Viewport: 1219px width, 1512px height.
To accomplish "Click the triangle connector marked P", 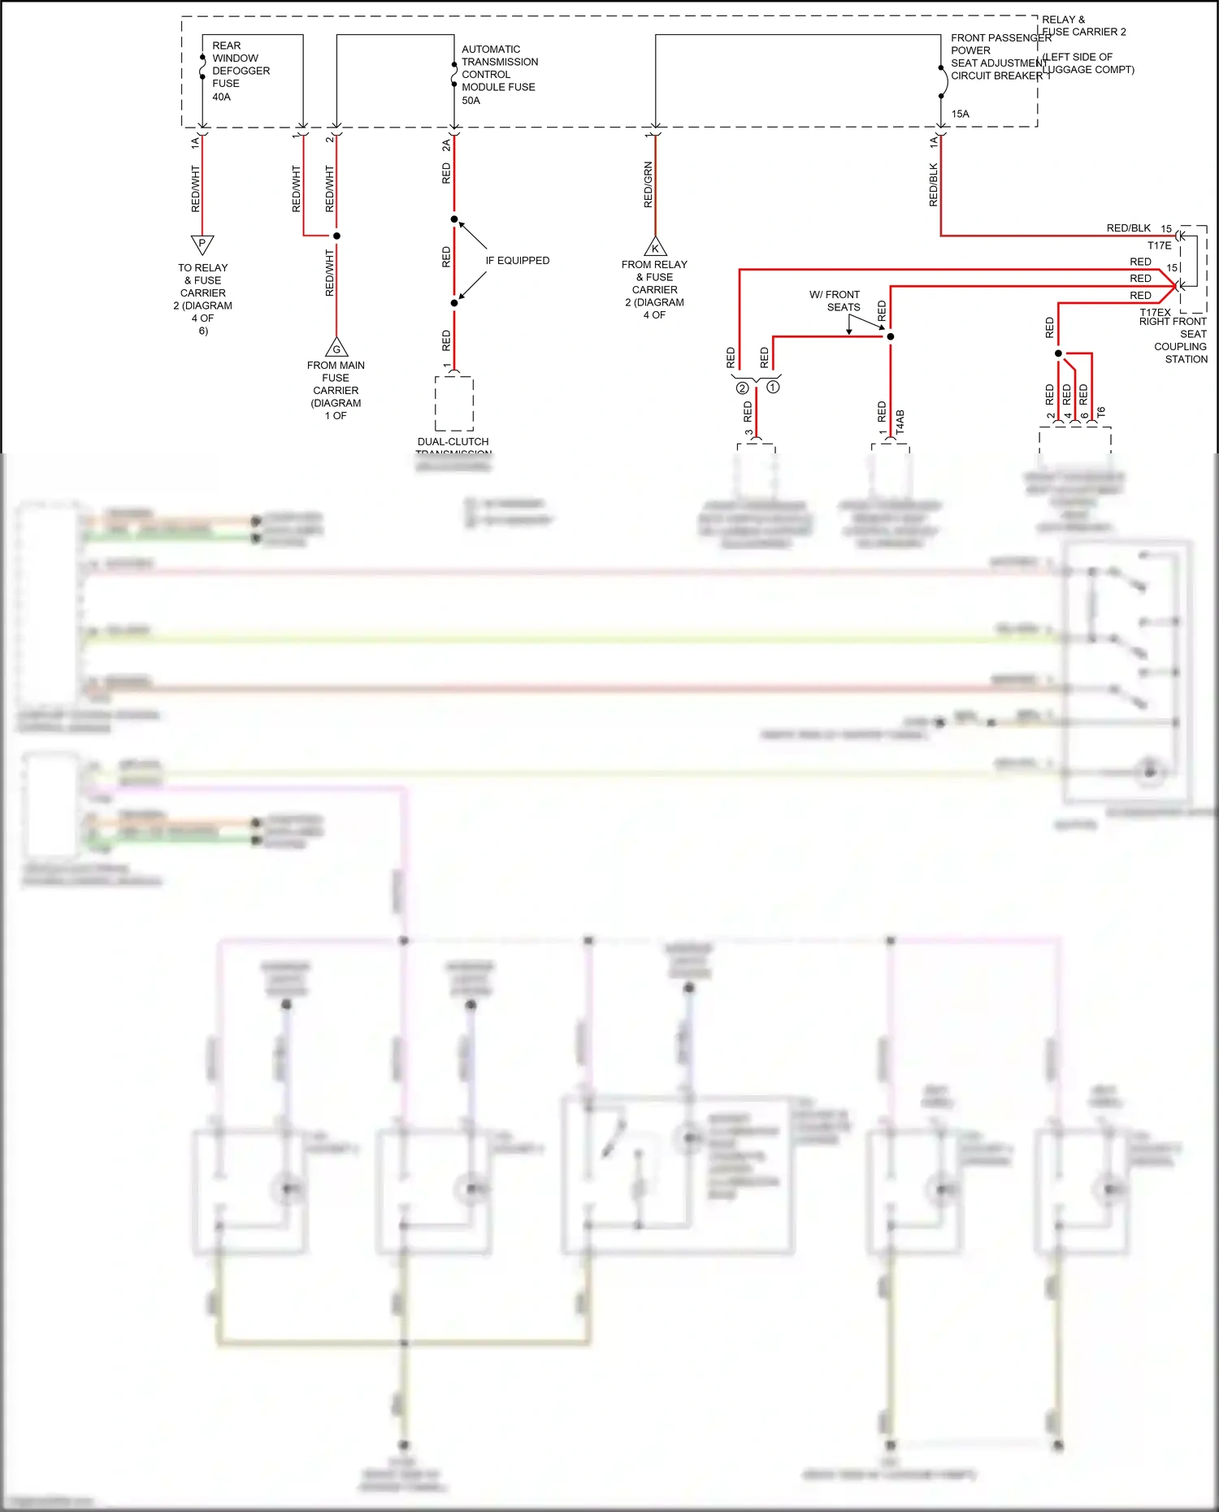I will (202, 244).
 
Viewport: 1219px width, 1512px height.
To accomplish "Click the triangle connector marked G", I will (336, 349).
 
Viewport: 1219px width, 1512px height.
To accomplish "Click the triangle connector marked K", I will (655, 247).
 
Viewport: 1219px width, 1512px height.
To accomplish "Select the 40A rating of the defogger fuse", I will (221, 97).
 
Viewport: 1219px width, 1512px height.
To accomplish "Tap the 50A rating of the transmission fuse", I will (471, 101).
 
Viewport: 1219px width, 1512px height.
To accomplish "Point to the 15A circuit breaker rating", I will (960, 114).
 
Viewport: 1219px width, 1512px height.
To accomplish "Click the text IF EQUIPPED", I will (517, 261).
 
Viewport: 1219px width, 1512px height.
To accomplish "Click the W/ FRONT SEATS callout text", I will (835, 301).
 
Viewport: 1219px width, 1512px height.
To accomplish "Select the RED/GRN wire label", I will (648, 184).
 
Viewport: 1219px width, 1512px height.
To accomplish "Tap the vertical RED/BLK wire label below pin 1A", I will (933, 184).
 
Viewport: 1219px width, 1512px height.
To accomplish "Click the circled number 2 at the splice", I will (742, 388).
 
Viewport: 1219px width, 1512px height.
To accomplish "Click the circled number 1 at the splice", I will (773, 388).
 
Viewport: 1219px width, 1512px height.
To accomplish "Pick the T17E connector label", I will (1159, 245).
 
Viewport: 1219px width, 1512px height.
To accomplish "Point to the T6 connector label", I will (1101, 412).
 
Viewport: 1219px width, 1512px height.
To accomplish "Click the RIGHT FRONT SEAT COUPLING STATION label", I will (1173, 340).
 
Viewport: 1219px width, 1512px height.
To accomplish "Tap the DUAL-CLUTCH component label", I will (453, 442).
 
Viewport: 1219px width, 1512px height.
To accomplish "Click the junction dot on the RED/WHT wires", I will (336, 236).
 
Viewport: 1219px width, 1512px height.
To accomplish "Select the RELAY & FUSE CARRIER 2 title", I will (1083, 26).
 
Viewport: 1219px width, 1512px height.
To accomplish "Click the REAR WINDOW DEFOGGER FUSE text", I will (240, 64).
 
